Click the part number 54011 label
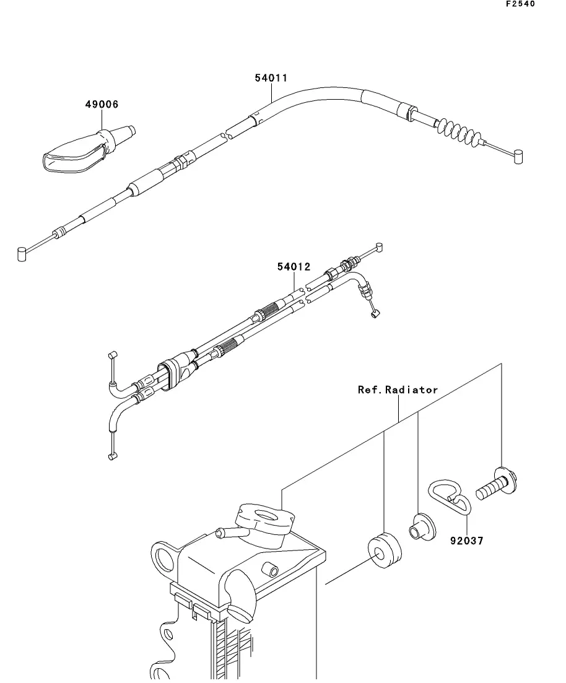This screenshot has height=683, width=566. tap(271, 78)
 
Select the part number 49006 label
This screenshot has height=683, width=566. tap(102, 105)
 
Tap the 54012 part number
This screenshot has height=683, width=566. tap(294, 267)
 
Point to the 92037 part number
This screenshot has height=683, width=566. tap(467, 541)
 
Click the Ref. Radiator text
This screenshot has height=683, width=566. tap(398, 390)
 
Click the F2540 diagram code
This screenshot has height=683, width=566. tap(520, 4)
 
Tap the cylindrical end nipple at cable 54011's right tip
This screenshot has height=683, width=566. tap(518, 157)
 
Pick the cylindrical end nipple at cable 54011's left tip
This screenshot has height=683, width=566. tap(22, 254)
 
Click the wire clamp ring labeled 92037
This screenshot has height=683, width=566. tap(450, 497)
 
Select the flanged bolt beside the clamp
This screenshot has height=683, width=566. tap(497, 484)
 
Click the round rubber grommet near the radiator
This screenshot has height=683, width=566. tap(385, 550)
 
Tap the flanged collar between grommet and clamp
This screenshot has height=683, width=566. tap(422, 527)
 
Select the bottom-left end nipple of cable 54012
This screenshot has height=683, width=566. tap(113, 456)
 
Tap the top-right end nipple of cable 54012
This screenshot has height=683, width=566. tap(378, 248)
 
